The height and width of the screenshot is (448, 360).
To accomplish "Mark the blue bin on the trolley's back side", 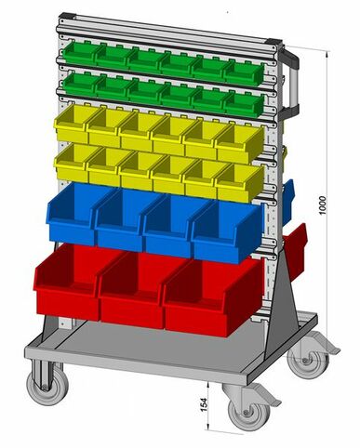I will [287, 201].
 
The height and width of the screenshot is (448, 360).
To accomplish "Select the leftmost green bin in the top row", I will [77, 51].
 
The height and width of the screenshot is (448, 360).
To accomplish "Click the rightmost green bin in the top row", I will [239, 73].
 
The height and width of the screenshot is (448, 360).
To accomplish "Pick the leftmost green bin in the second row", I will [77, 84].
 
